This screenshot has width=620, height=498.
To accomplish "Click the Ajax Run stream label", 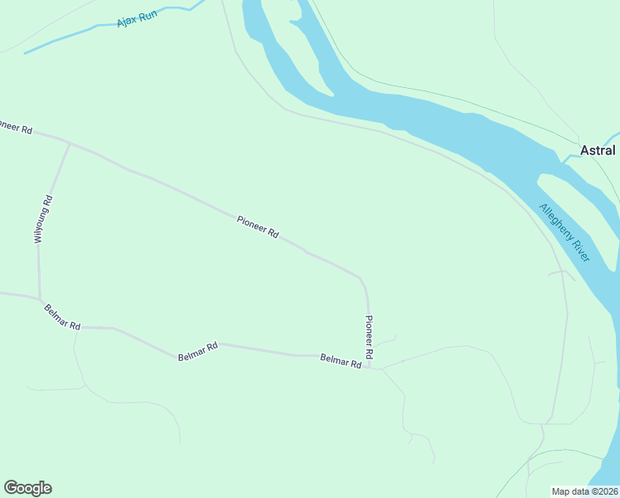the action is (137, 16).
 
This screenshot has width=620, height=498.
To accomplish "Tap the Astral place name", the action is (598, 150).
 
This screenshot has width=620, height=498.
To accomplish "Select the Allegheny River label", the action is (564, 233).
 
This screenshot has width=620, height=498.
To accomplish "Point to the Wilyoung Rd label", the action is (43, 218).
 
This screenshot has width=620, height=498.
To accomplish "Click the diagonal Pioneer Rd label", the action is (258, 227).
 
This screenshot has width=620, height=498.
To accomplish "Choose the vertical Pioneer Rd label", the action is (370, 337).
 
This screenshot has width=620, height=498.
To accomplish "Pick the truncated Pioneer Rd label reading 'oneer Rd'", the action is (15, 128).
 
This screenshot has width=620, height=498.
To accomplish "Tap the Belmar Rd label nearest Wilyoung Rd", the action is (62, 316).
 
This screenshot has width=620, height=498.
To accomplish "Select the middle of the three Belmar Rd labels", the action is (197, 351).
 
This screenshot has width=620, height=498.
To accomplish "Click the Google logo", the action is (27, 488).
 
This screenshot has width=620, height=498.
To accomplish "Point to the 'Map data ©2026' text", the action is (584, 491).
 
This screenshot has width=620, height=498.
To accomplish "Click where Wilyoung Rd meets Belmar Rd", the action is (40, 299).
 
